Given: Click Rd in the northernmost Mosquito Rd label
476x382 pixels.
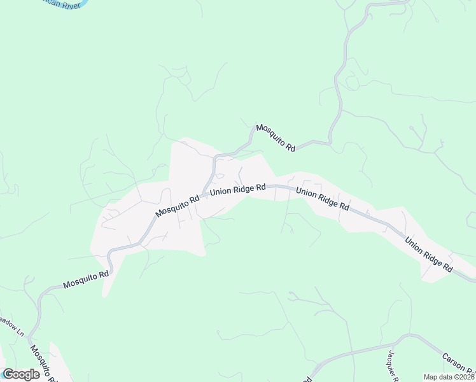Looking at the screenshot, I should [291, 148].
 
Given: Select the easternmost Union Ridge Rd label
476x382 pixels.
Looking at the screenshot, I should [428, 255].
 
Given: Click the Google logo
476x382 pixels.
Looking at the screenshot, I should [21, 374].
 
